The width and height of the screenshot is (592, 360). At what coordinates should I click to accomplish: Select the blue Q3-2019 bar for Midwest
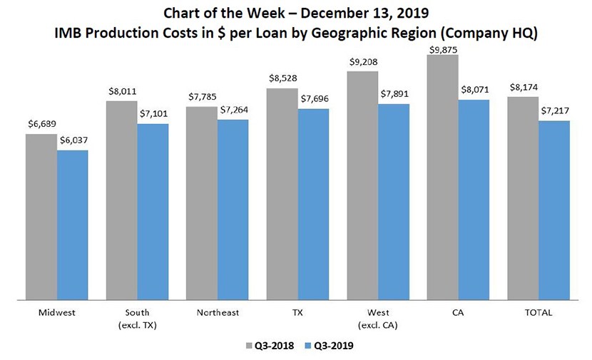73,224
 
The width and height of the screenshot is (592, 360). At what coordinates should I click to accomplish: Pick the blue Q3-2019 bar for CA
474,199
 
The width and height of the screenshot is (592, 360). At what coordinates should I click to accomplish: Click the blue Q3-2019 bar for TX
313,203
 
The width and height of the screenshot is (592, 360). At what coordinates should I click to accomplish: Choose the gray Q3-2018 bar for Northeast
202,202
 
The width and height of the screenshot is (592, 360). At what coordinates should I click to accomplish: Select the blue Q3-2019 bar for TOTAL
553,210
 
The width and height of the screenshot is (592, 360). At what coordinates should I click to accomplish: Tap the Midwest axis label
56,312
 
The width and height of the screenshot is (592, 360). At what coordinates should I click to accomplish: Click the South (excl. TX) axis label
137,318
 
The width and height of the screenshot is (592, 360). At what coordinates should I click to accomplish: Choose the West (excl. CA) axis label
378,318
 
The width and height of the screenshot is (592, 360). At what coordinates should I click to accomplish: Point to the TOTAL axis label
539,312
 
